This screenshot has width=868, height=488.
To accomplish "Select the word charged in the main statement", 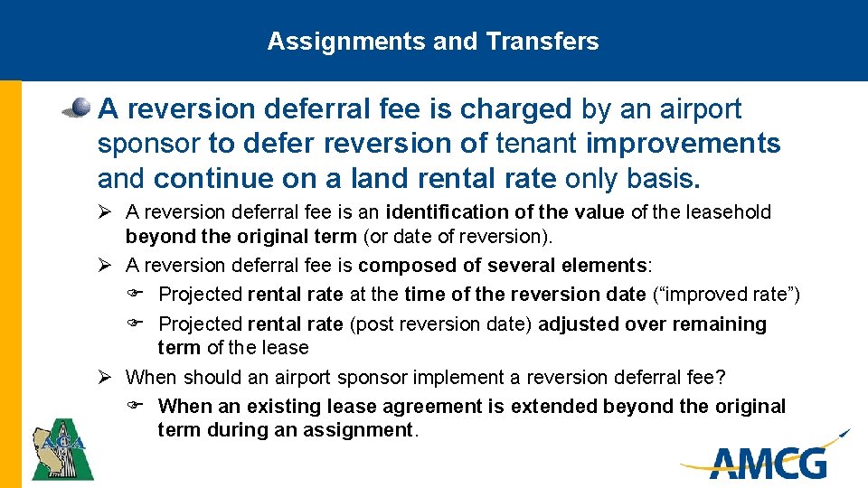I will pyautogui.click(x=516, y=109).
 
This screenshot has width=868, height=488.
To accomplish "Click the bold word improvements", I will pyautogui.click(x=684, y=144).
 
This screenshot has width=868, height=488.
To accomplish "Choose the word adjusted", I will pyautogui.click(x=579, y=324).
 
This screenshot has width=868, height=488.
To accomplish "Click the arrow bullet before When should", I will pyautogui.click(x=105, y=377).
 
